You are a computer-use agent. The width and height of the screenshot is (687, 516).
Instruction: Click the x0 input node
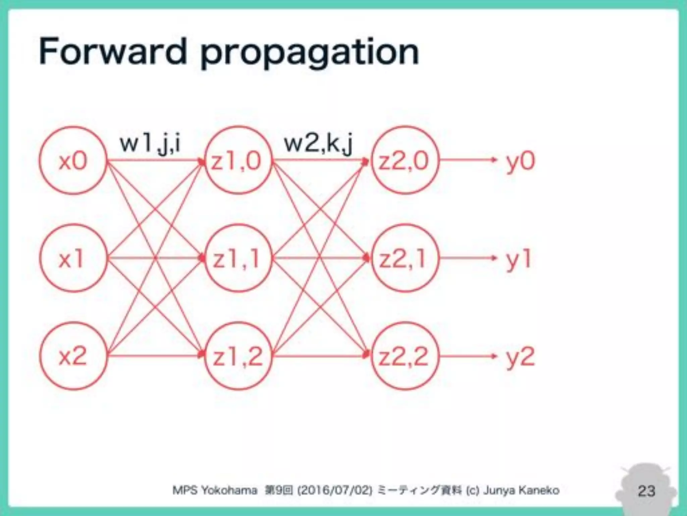(73, 161)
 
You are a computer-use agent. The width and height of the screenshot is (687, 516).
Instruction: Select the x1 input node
(73, 258)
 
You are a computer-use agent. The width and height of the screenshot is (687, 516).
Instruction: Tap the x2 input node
(73, 356)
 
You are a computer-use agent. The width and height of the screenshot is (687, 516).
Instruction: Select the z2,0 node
(405, 161)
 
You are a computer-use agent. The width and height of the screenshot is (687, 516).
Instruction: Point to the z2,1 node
(405, 258)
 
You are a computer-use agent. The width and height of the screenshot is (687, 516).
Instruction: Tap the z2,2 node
(405, 356)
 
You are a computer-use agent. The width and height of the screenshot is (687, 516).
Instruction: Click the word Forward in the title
(112, 52)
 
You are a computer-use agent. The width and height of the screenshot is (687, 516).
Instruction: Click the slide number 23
(646, 491)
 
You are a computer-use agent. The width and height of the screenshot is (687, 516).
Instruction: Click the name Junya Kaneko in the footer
(521, 490)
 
